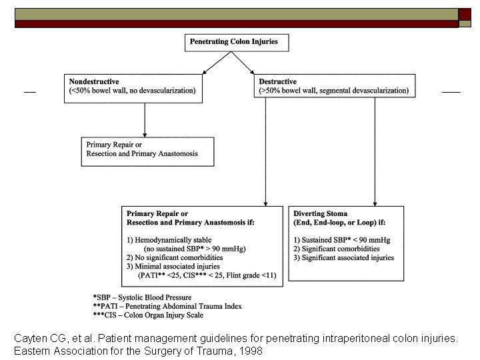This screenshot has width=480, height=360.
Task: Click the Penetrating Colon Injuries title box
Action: (237, 43)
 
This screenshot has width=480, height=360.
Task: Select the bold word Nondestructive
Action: (94, 81)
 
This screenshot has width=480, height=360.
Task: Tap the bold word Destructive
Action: (277, 81)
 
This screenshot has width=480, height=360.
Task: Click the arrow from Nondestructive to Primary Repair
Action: (145, 120)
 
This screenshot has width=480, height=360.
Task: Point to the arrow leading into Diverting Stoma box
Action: (375, 152)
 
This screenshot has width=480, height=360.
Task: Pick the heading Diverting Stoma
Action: (320, 213)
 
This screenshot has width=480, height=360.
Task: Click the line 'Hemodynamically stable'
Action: (169, 240)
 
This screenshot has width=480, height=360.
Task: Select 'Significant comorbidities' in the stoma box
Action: (337, 249)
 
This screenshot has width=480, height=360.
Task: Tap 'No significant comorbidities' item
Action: (175, 257)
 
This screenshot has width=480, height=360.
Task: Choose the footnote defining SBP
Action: (143, 297)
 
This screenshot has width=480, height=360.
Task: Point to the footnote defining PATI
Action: (167, 306)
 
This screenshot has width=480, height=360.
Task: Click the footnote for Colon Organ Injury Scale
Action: (148, 315)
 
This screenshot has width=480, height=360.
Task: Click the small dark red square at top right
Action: (465, 15)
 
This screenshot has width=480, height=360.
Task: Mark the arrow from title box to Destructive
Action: (243, 63)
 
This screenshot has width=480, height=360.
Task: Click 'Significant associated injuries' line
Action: (343, 257)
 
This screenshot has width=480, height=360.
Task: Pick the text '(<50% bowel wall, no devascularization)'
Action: (132, 91)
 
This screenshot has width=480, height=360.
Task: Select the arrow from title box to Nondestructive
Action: (217, 63)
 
